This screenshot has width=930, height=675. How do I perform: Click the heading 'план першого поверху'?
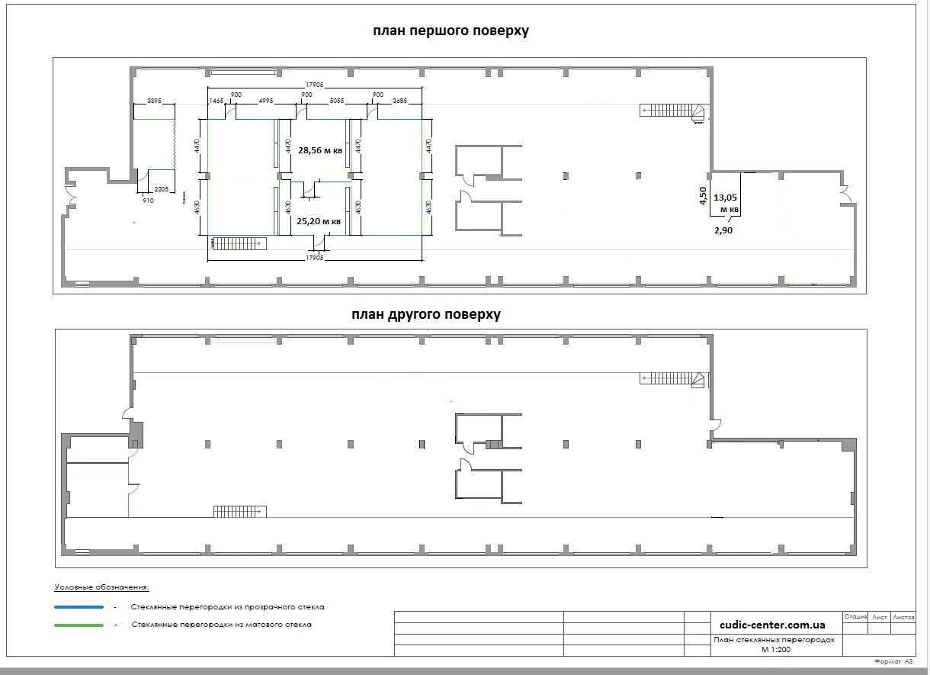pos(451,31)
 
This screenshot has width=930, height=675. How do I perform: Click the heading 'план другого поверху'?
pos(426,314)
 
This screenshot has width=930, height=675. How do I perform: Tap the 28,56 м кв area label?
pos(319,150)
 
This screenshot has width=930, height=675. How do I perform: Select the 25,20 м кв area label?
pos(318,221)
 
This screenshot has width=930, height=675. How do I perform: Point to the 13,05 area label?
pos(726,196)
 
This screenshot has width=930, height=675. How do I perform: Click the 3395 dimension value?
pos(154,101)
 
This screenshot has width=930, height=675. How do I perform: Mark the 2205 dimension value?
pos(161,188)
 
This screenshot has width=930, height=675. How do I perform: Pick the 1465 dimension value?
pos(216,101)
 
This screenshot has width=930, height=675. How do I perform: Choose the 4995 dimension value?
pos(266,101)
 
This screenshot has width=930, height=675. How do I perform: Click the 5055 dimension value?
pos(337,101)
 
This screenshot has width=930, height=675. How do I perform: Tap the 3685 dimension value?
pos(399,101)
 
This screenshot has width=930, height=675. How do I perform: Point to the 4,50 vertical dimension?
pos(704,195)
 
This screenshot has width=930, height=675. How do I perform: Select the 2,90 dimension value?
pos(723,230)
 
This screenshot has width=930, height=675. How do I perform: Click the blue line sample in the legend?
pos(79,607)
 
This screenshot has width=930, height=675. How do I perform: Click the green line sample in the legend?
pos(79,625)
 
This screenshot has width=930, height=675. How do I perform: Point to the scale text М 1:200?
pos(776,649)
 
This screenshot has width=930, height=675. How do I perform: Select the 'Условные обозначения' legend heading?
pos(101,587)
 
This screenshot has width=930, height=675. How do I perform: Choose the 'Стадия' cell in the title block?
pos(855,617)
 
